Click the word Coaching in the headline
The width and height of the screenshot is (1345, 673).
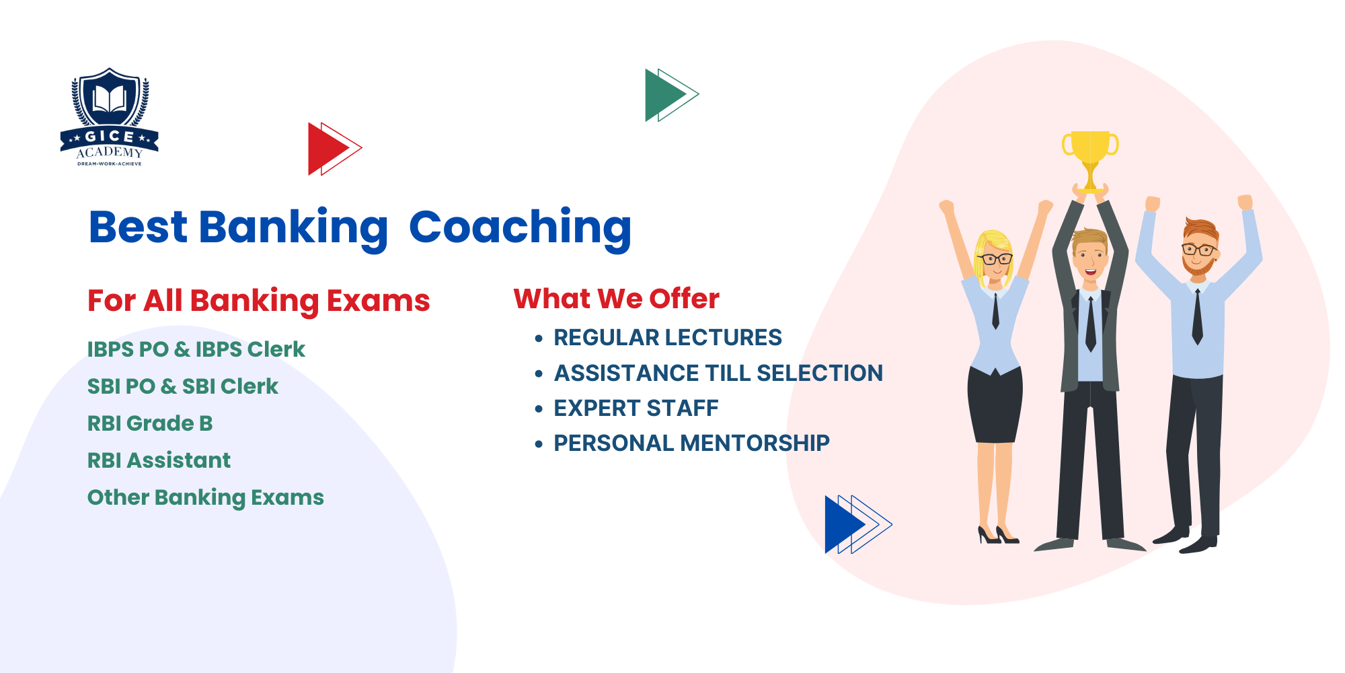[520, 227]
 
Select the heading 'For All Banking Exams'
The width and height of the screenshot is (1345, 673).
[258, 300]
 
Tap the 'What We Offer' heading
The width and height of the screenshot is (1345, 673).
[616, 298]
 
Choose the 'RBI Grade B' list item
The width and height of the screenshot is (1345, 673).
[150, 423]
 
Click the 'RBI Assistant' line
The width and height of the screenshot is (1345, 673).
[159, 460]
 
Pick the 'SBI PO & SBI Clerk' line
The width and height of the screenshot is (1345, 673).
[182, 386]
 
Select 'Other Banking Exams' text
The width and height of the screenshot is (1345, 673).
[205, 497]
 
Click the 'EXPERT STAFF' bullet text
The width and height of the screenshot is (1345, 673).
[636, 408]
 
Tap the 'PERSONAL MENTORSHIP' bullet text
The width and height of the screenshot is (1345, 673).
[691, 443]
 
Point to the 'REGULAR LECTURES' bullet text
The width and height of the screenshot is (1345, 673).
[667, 337]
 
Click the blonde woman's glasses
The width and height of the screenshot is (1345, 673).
[995, 258]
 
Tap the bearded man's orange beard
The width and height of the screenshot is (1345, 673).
[1198, 267]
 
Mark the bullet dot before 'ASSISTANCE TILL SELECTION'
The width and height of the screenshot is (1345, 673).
[539, 374]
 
